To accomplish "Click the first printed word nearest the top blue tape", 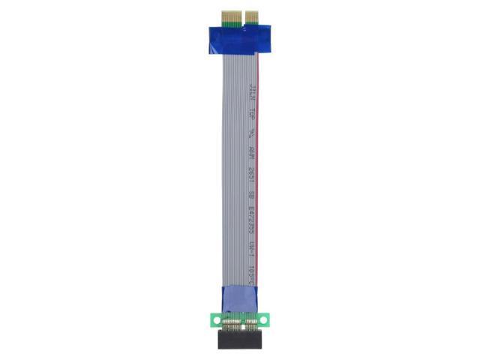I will (250, 94).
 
